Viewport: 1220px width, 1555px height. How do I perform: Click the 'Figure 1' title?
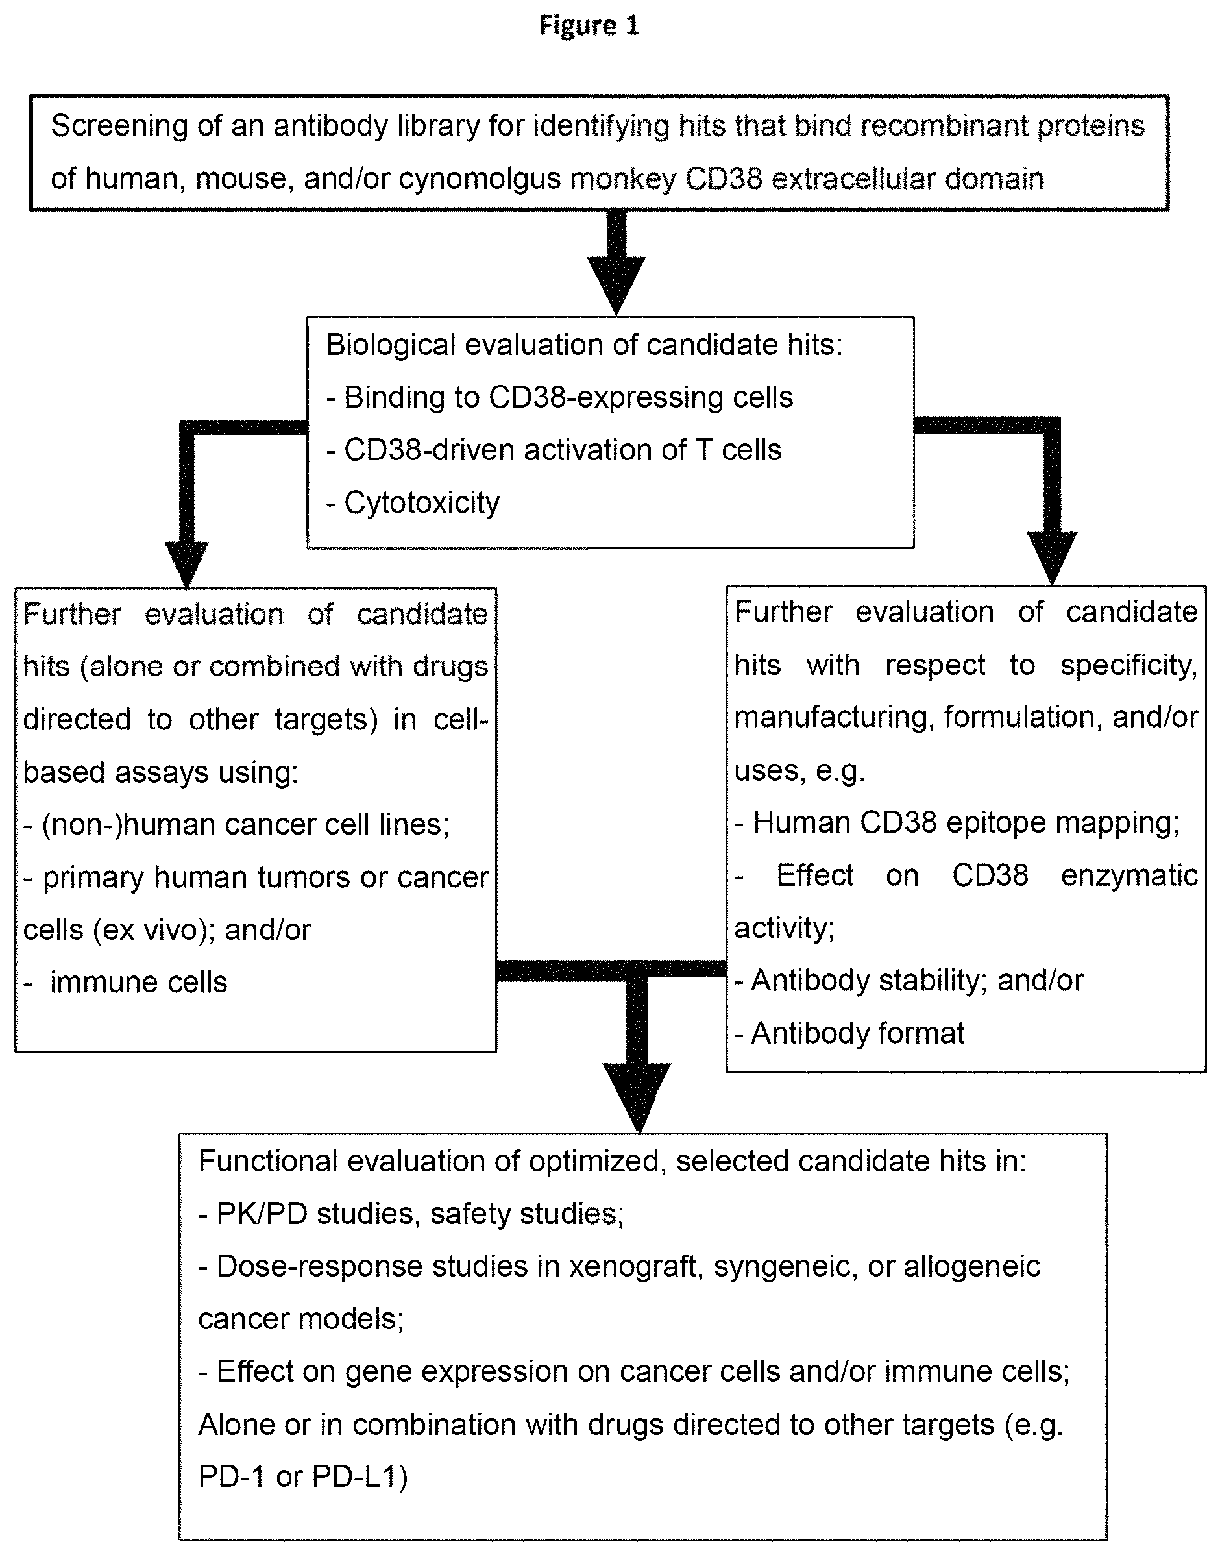coord(589,26)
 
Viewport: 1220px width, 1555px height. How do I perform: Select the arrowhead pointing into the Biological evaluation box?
coord(616,286)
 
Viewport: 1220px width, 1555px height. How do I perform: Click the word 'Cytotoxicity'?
coord(421,503)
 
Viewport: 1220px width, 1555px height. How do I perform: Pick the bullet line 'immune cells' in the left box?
coord(126,983)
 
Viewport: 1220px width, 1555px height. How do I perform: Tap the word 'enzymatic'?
coord(1129,875)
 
